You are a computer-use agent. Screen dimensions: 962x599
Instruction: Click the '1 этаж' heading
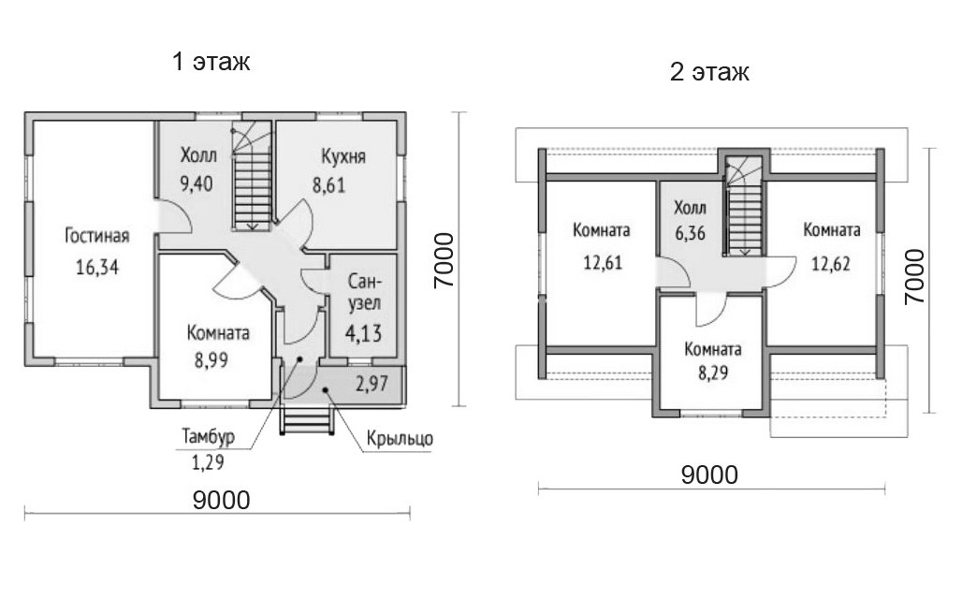tap(211, 62)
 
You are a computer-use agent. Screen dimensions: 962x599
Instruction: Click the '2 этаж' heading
tap(709, 72)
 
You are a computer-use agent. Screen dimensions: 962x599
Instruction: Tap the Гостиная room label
tap(97, 236)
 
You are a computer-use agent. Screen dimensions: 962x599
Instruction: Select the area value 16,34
tap(97, 267)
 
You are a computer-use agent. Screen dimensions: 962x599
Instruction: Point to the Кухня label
tap(343, 156)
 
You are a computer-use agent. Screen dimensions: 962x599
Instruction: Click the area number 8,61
tap(329, 184)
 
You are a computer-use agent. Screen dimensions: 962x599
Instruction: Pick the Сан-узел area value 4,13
tap(363, 333)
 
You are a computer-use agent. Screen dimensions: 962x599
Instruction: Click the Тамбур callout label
tap(208, 437)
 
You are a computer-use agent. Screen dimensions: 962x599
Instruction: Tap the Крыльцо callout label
tap(400, 440)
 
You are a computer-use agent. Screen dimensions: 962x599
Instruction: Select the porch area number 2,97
tap(372, 384)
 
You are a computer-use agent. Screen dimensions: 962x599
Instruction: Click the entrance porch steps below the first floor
tap(308, 421)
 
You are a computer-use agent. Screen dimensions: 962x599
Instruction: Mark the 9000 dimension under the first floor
tap(222, 500)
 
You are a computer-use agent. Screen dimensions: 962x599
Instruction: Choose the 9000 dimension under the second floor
tap(710, 475)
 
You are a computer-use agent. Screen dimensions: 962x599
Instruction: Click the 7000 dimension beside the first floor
tap(444, 260)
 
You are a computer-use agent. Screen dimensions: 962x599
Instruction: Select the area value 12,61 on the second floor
tap(602, 263)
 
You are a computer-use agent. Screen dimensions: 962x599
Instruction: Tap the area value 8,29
tap(713, 373)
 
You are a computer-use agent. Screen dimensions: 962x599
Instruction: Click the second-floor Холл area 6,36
tap(690, 233)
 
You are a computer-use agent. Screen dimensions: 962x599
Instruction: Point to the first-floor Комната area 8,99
tap(211, 360)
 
